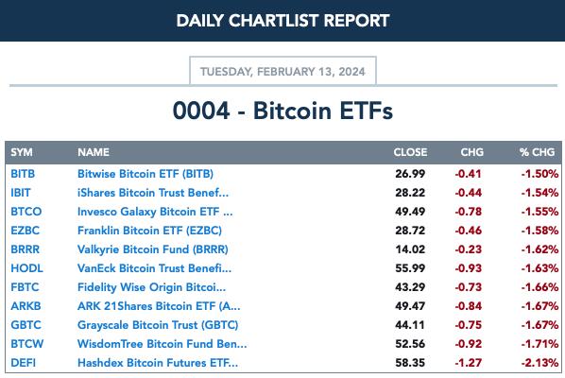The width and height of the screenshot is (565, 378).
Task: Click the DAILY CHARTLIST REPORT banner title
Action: click(x=282, y=21)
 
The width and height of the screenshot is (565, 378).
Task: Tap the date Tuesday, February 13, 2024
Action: click(x=282, y=72)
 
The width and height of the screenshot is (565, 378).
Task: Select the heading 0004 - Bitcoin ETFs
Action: click(x=282, y=111)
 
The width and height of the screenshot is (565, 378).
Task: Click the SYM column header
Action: click(x=22, y=152)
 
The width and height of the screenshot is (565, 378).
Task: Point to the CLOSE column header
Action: click(x=410, y=152)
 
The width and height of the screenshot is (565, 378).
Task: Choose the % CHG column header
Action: click(x=537, y=152)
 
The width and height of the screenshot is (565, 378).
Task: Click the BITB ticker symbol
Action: click(x=23, y=174)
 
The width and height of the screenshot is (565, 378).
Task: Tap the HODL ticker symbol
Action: click(x=26, y=268)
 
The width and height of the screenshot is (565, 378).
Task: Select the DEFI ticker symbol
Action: click(x=23, y=363)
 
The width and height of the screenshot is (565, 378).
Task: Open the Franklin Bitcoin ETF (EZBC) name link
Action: click(x=149, y=231)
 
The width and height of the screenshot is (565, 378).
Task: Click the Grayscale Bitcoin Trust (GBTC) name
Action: click(x=158, y=325)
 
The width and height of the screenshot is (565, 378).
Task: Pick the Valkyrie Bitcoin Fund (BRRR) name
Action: click(x=153, y=249)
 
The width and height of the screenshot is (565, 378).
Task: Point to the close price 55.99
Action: click(x=410, y=268)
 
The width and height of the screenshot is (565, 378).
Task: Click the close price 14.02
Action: click(x=410, y=249)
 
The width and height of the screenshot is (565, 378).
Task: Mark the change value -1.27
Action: click(x=468, y=363)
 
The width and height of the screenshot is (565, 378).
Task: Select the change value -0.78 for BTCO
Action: click(x=468, y=212)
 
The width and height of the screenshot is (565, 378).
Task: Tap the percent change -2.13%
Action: click(x=539, y=363)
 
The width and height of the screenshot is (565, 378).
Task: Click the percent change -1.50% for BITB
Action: click(x=539, y=174)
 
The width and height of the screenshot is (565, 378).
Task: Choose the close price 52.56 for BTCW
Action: click(x=410, y=344)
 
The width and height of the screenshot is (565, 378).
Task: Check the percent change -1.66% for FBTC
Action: click(x=539, y=287)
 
